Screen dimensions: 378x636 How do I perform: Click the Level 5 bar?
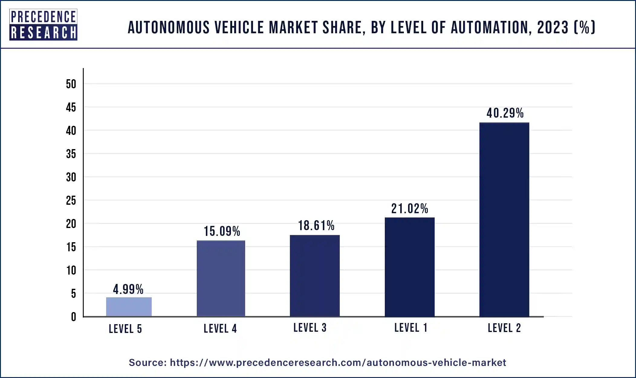[129, 307]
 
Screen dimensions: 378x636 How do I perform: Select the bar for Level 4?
[221, 278]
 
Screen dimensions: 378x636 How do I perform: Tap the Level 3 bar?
[315, 275]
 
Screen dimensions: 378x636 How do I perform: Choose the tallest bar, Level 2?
[504, 220]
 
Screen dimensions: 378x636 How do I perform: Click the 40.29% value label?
[505, 113]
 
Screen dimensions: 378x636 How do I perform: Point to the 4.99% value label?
[128, 289]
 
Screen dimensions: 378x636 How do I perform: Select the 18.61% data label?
[316, 226]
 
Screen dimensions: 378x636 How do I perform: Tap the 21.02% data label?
[410, 209]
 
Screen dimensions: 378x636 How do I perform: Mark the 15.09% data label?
[222, 231]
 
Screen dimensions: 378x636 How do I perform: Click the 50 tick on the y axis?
[71, 84]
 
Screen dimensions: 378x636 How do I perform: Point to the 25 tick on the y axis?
[71, 200]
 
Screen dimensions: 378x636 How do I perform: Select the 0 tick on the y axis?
[73, 317]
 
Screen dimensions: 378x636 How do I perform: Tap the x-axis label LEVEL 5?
[125, 329]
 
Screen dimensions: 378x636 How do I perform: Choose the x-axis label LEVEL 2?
[504, 328]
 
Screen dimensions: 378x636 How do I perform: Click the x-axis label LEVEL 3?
[310, 328]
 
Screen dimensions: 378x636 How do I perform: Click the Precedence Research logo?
[43, 25]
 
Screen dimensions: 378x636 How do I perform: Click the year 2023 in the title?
[553, 28]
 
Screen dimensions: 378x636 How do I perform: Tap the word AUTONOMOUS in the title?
[169, 28]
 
